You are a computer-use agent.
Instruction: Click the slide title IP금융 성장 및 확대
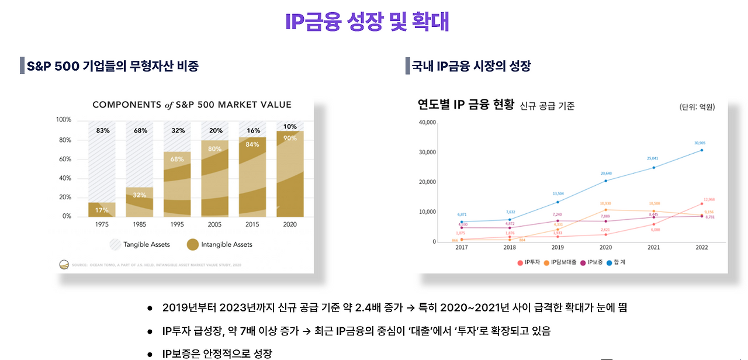tap(367, 22)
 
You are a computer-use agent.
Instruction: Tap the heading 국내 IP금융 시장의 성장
tap(472, 66)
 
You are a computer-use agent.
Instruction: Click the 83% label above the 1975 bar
tap(103, 130)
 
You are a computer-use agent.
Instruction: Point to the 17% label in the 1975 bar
tap(102, 210)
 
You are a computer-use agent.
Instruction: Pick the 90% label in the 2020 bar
tap(289, 138)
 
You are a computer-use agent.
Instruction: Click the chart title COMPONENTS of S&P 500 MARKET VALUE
tap(192, 105)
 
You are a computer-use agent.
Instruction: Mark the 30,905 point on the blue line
tap(702, 150)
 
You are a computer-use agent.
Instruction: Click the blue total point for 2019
tap(558, 202)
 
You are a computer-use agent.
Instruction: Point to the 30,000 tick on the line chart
tap(427, 152)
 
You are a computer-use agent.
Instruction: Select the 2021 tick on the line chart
tap(654, 248)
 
